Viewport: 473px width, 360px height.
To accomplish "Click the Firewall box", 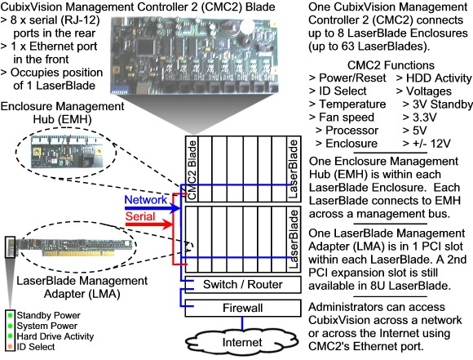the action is (x=243, y=308).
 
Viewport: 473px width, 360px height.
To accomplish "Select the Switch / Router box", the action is (x=243, y=285).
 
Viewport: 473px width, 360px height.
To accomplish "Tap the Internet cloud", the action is (x=242, y=342).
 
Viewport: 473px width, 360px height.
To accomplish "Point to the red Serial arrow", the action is (x=149, y=224).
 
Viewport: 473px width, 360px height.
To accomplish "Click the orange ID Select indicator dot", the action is (x=11, y=347).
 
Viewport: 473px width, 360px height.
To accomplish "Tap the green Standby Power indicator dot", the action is (x=11, y=315).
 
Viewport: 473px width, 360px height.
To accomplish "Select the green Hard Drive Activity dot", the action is (x=11, y=336).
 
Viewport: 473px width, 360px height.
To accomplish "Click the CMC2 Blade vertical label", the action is (x=192, y=170).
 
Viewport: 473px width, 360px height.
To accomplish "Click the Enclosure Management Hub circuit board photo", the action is (x=67, y=151).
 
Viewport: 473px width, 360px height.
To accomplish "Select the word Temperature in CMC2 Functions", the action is (x=352, y=104).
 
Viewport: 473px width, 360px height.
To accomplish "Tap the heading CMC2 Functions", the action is (x=391, y=65).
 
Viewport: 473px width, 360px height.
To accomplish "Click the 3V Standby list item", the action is (x=437, y=104).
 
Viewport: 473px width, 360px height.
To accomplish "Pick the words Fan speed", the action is (x=347, y=118).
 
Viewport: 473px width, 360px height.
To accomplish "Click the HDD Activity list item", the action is (x=434, y=78).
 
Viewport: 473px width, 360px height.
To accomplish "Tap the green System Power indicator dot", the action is (x=11, y=326).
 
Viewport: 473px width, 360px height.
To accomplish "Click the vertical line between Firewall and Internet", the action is (x=242, y=323).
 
